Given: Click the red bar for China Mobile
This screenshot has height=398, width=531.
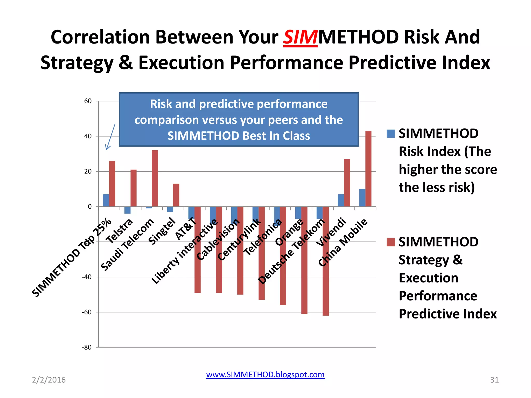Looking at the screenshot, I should [368, 169].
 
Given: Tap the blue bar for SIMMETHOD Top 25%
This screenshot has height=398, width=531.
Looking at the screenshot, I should [106, 200].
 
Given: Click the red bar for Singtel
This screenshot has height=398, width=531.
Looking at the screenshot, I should [176, 195].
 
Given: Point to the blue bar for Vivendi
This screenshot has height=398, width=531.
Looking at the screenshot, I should [341, 200].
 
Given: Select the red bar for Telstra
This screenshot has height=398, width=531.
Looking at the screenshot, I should [134, 188].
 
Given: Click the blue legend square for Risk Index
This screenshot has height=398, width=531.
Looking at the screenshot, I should [390, 134].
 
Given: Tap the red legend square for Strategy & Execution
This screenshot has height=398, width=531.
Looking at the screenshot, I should [390, 242].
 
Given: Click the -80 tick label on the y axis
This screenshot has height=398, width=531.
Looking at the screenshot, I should [87, 347].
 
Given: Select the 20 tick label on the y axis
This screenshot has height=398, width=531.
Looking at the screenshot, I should [88, 171].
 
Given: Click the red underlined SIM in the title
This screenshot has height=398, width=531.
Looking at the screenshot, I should [300, 37].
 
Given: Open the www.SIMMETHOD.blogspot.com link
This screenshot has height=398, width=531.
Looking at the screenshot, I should [265, 375].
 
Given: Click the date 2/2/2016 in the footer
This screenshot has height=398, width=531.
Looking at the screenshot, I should [49, 380].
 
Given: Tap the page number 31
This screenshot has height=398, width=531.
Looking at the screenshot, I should [494, 380].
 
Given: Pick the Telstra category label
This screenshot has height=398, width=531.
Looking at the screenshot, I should [120, 231].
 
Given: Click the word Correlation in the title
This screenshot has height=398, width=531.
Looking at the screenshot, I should [100, 37].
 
